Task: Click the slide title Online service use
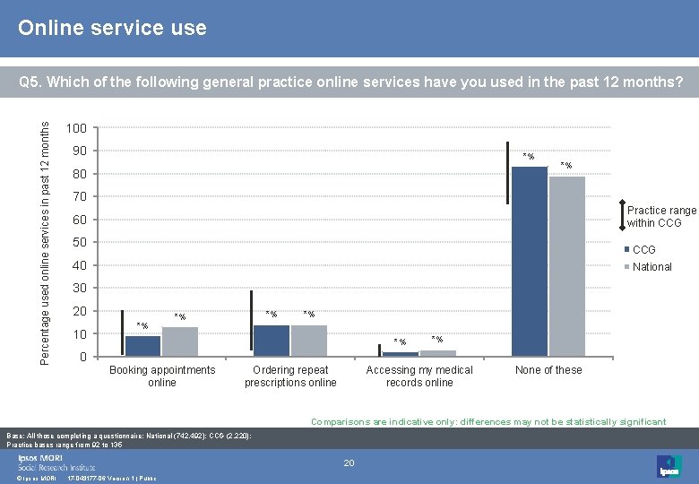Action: [x=113, y=29]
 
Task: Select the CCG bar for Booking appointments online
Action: [x=142, y=346]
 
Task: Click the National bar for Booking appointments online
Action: [x=180, y=341]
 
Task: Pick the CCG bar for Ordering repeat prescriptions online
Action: [x=272, y=341]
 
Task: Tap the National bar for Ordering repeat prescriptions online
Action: [x=309, y=341]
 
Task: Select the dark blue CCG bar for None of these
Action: [x=529, y=261]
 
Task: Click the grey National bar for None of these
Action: [x=566, y=266]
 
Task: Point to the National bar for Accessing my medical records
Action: [x=438, y=353]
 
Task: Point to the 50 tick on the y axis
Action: [x=80, y=243]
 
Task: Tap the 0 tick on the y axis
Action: [x=82, y=358]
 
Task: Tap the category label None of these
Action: [x=548, y=370]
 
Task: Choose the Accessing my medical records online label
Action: [x=419, y=376]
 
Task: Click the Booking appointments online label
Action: [x=162, y=376]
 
